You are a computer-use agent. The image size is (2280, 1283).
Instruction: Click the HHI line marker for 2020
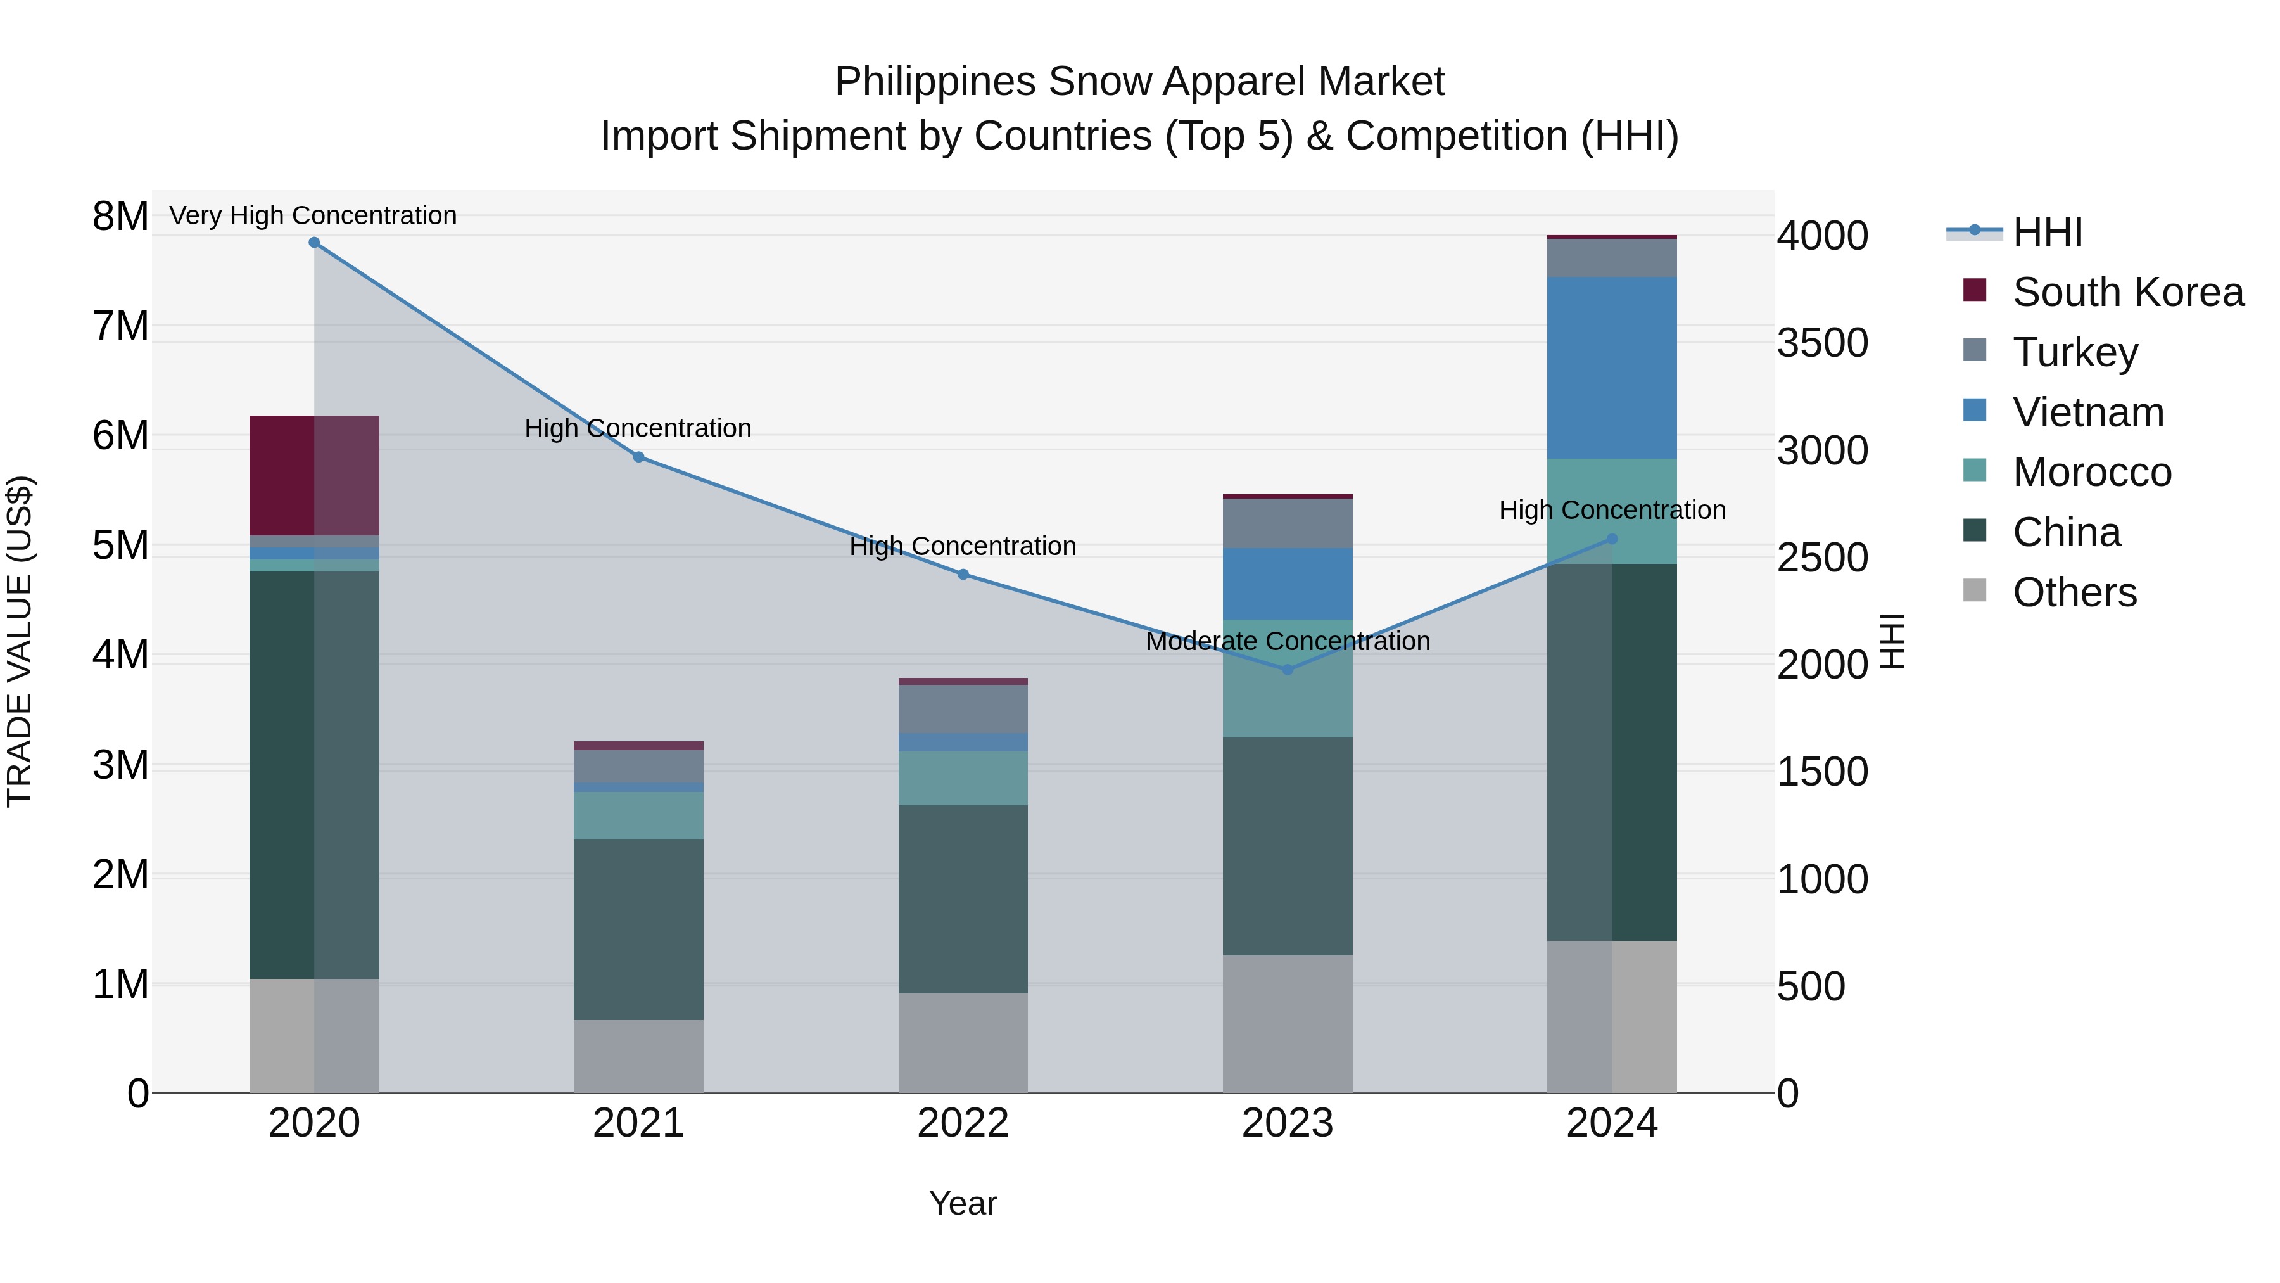click(314, 243)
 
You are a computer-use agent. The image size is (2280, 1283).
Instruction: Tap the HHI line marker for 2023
click(1288, 670)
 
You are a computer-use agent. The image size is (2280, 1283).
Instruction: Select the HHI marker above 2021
click(639, 457)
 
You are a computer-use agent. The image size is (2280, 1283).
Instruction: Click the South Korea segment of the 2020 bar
click(314, 475)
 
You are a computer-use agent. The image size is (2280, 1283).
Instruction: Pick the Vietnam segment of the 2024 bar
click(1612, 367)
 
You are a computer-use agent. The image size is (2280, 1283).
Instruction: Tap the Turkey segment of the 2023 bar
click(1288, 523)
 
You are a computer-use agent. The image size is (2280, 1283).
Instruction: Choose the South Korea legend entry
click(2128, 292)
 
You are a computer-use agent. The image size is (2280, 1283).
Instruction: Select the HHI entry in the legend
click(2047, 232)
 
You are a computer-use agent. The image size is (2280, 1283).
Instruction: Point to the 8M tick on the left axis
click(120, 216)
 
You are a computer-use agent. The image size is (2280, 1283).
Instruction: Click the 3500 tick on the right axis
click(1822, 343)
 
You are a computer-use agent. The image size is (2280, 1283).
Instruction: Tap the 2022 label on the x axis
click(963, 1123)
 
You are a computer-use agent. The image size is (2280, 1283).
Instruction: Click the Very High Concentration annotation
click(313, 215)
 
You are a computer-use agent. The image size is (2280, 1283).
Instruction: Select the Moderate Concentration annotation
click(1288, 641)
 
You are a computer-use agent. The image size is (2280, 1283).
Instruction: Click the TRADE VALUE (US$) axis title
click(20, 641)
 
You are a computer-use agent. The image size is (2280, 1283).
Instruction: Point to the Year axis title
click(963, 1203)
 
